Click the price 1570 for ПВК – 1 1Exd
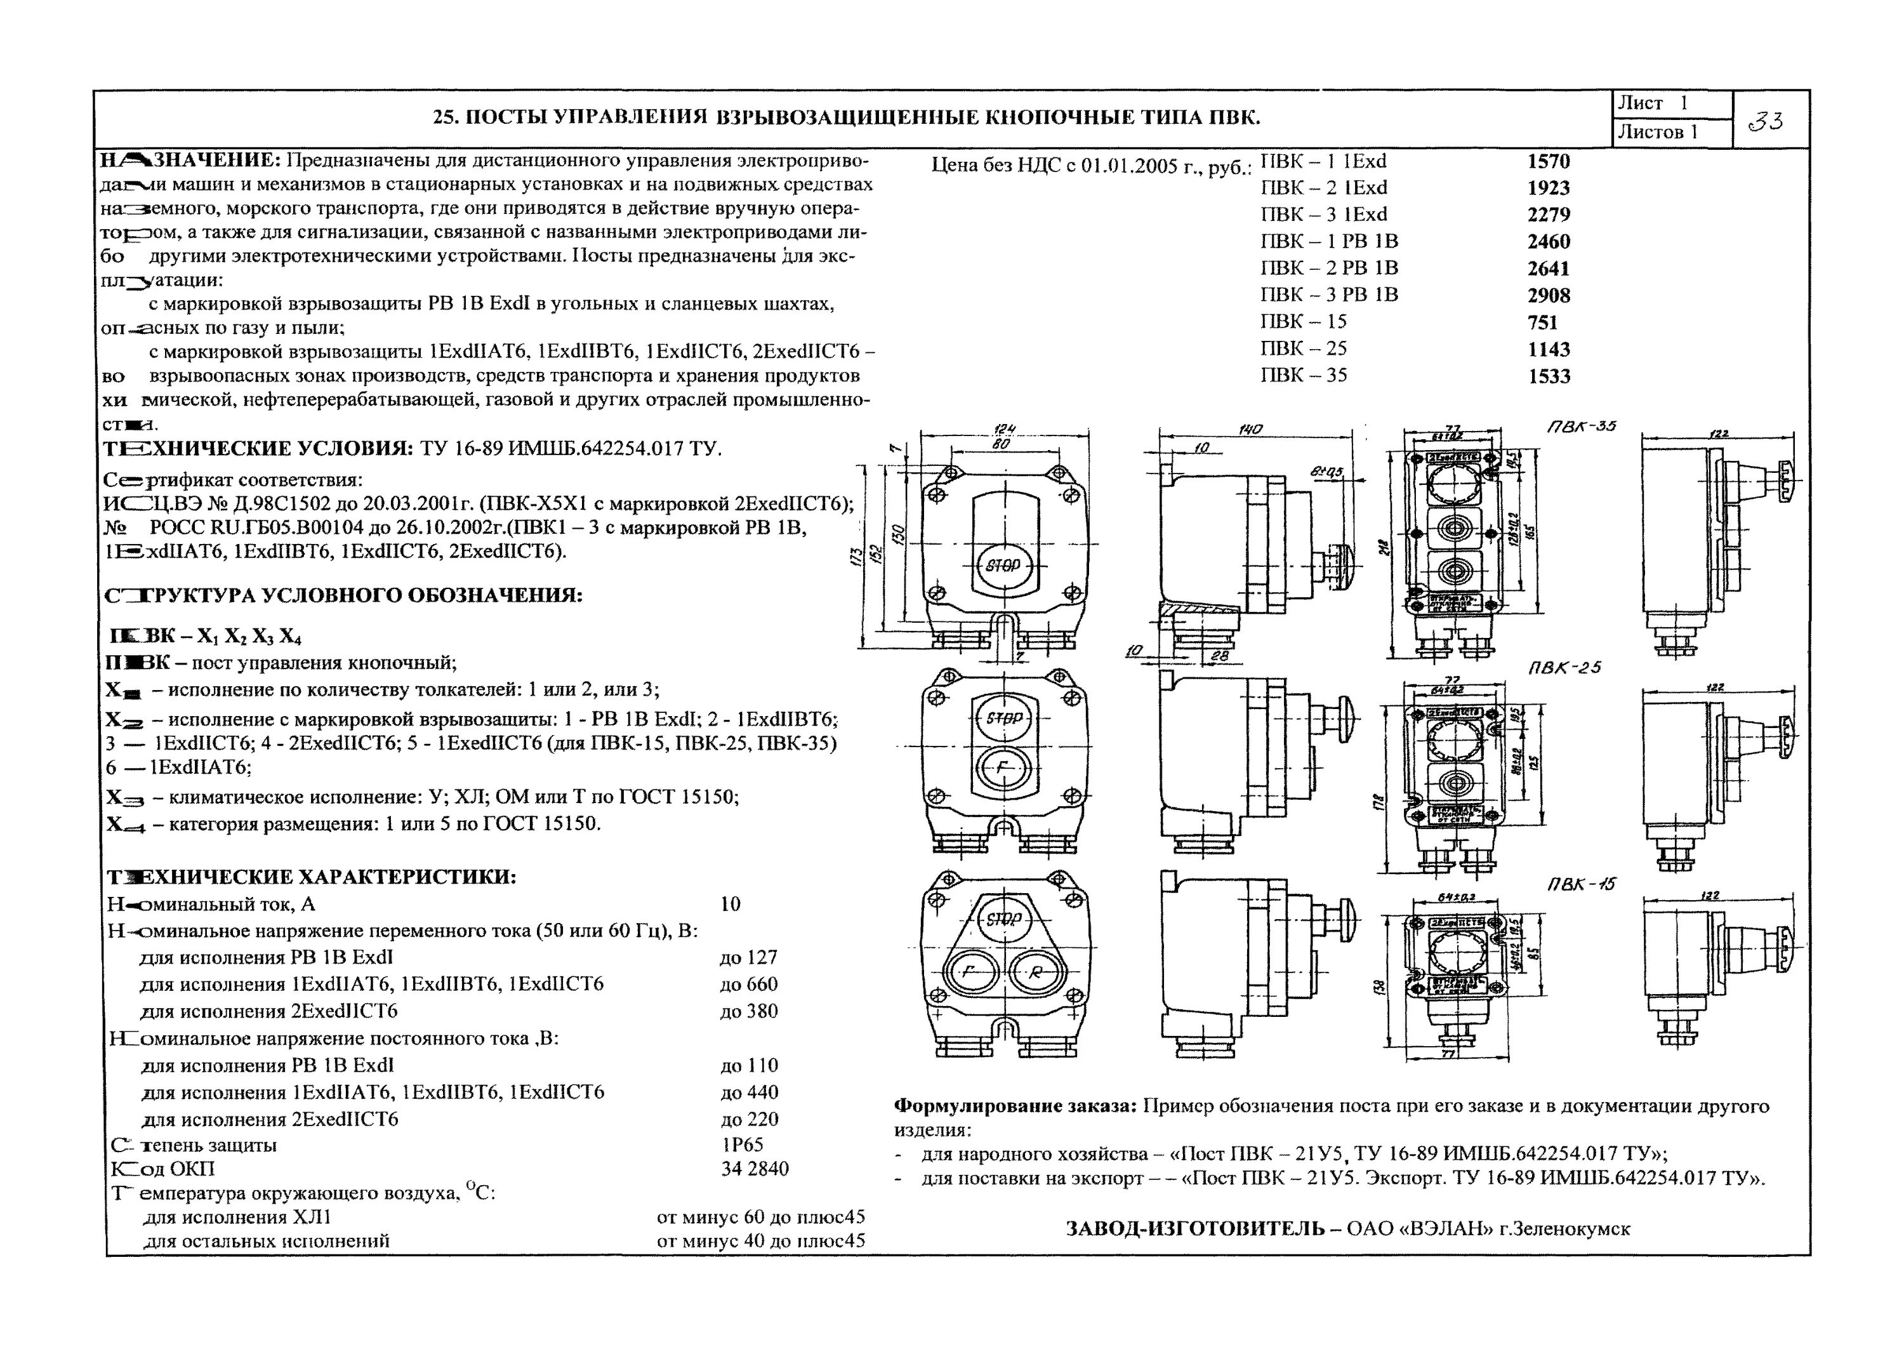click(x=1548, y=162)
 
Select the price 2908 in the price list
click(x=1548, y=295)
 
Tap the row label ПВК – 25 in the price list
click(x=1304, y=348)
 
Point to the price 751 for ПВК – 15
click(x=1542, y=322)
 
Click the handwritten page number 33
click(x=1764, y=122)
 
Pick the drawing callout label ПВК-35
click(x=1582, y=427)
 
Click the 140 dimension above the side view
click(x=1250, y=429)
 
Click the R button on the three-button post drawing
click(x=1035, y=974)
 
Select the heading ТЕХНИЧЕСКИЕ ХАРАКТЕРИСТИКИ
click(x=311, y=877)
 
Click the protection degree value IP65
click(x=742, y=1145)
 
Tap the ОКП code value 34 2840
click(x=755, y=1169)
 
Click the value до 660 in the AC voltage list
click(x=749, y=985)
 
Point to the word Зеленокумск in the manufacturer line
click(x=1571, y=1228)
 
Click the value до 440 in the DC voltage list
click(x=749, y=1092)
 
